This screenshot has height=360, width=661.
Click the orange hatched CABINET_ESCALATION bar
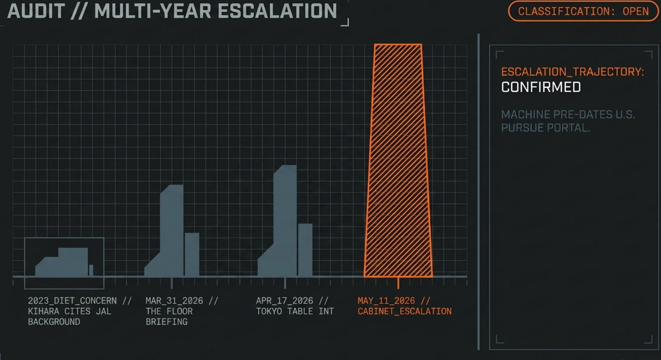[x=398, y=161]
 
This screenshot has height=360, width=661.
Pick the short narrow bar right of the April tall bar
[x=305, y=250]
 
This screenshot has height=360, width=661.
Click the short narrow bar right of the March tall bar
[x=192, y=255]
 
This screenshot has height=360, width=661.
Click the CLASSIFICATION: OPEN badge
[x=583, y=11]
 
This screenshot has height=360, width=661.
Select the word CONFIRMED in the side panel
[x=541, y=87]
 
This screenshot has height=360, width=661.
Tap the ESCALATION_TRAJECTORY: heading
[x=572, y=72]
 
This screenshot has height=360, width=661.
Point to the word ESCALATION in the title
[x=277, y=11]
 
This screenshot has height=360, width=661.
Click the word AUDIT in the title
[x=36, y=11]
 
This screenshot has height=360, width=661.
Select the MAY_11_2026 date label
[x=386, y=301]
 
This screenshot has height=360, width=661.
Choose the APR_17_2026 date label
[x=285, y=301]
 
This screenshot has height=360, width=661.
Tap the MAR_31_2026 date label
[x=174, y=301]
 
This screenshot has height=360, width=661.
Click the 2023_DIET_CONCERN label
[x=72, y=301]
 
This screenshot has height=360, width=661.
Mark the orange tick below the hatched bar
[x=398, y=283]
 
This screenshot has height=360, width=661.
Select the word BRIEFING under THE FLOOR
[x=167, y=321]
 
